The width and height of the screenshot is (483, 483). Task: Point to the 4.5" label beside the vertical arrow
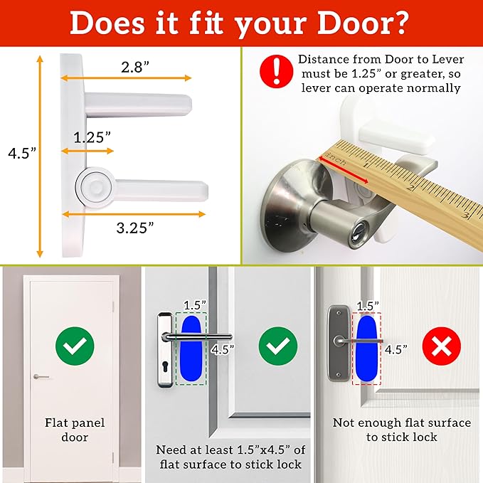[x=19, y=153]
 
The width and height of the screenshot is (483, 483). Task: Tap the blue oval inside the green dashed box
[x=191, y=349]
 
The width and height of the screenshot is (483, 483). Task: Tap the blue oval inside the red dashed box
[x=367, y=349]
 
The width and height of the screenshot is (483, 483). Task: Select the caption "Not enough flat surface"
[x=401, y=423]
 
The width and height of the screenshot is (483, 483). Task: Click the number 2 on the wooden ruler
[x=412, y=189]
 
